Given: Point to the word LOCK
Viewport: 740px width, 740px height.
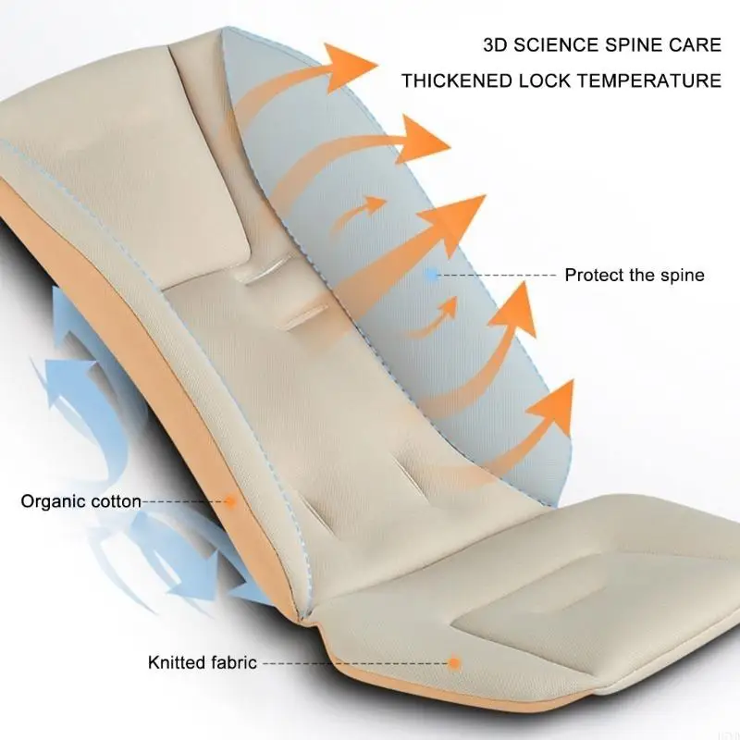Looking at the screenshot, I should [x=540, y=80].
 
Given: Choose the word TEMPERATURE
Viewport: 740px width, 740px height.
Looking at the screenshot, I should [x=650, y=80].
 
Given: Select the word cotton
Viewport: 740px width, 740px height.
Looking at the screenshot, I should [x=116, y=502].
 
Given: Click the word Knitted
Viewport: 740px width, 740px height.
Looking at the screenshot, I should [x=177, y=662].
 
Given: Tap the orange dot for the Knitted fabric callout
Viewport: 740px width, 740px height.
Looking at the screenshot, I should [x=454, y=662].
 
